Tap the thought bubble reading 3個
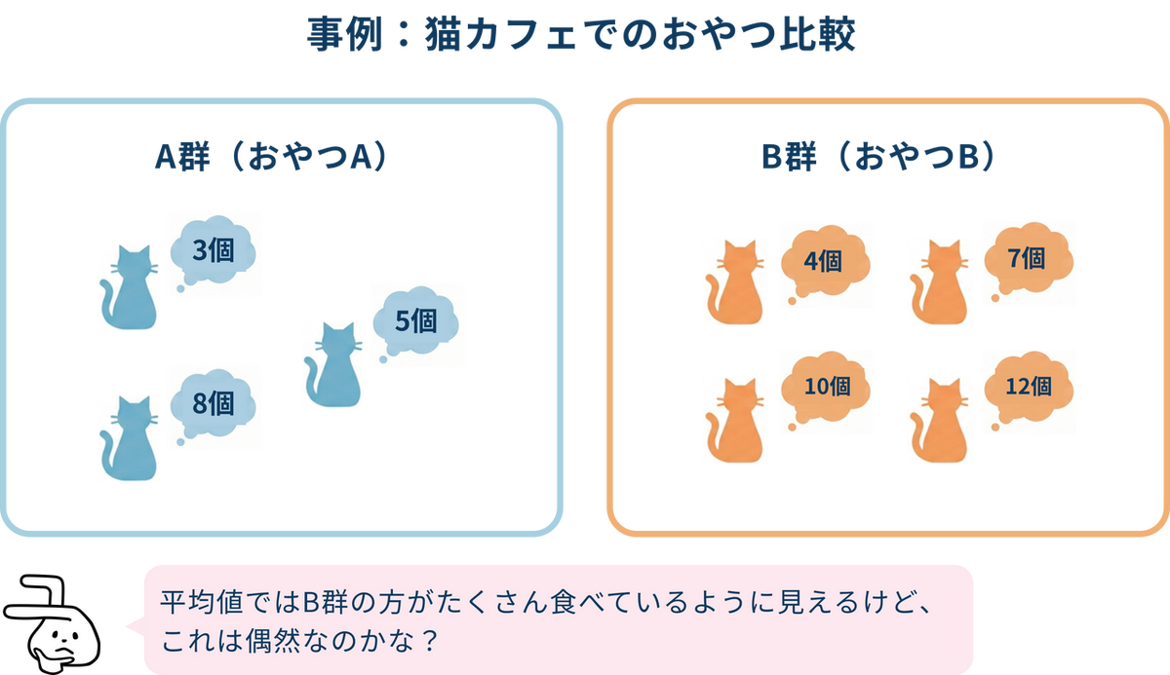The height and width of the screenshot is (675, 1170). [x=214, y=251]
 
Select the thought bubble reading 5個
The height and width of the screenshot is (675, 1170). [x=417, y=322]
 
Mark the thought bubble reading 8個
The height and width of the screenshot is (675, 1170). [x=214, y=403]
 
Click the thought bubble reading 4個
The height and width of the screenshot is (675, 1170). [x=824, y=261]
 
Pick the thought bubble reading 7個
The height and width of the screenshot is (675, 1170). [x=1028, y=259]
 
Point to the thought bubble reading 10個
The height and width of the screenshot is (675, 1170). [x=826, y=387]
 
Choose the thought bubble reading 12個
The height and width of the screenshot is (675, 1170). [x=1028, y=387]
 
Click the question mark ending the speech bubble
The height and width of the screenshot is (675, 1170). [x=426, y=643]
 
